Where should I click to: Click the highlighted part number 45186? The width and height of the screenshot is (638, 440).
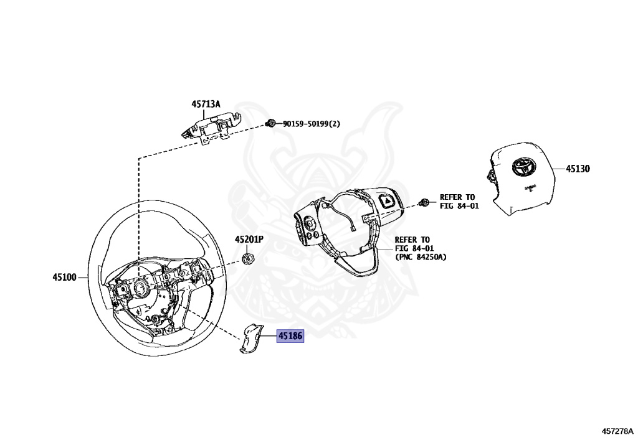[x=290, y=335]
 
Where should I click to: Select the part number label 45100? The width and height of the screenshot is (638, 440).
[x=64, y=278]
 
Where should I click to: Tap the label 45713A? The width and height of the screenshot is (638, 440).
[x=206, y=104]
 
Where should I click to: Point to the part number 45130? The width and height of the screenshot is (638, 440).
[x=578, y=168]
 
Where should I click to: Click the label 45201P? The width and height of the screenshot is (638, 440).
[x=249, y=240]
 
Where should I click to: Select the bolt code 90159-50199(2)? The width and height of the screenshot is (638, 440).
[x=312, y=123]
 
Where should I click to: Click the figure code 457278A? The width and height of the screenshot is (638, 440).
[x=617, y=431]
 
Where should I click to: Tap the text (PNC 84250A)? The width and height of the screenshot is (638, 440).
[x=421, y=257]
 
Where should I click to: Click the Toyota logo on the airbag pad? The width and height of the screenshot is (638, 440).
[x=523, y=166]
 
